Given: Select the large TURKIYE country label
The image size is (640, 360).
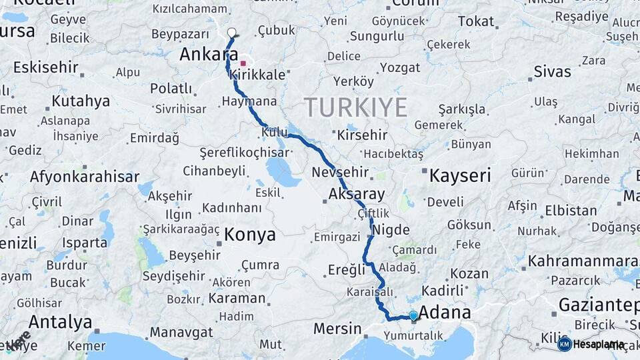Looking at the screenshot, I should (356, 107).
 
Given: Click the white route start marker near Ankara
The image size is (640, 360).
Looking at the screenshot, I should (231, 33).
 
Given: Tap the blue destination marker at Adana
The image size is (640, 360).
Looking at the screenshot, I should (413, 315).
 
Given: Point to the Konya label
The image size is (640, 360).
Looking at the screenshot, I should (250, 234).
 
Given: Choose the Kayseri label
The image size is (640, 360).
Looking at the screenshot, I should (460, 176).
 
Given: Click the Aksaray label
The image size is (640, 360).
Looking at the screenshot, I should (357, 195).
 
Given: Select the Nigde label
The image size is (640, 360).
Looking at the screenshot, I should (391, 229).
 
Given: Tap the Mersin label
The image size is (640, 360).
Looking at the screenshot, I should (337, 329).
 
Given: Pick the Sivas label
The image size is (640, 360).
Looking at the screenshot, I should (553, 71).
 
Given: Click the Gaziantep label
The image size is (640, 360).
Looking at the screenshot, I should (598, 305).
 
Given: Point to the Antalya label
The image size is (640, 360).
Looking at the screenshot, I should (60, 323).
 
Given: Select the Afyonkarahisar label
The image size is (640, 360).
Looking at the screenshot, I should (84, 177).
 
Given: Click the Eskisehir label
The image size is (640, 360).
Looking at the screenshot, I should (45, 67).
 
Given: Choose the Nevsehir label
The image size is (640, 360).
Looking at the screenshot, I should (340, 172).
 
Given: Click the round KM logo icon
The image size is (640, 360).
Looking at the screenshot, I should (564, 344).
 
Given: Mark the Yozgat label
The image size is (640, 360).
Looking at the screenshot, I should (400, 67).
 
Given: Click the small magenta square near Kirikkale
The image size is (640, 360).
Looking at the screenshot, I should (243, 63).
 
